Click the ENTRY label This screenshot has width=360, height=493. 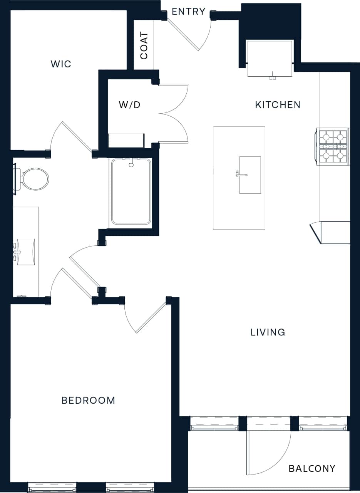click(188, 12)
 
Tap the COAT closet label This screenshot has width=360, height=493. click(144, 45)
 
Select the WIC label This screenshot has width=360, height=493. click(61, 64)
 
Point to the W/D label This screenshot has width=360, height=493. click(130, 105)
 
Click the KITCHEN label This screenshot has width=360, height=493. click(278, 105)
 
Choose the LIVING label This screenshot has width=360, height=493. click(268, 332)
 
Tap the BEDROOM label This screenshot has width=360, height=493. click(88, 401)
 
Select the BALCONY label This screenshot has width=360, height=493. click(312, 469)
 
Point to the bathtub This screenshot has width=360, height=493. click(131, 191)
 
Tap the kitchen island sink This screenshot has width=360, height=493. click(250, 175)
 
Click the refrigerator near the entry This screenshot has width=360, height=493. click(270, 59)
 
